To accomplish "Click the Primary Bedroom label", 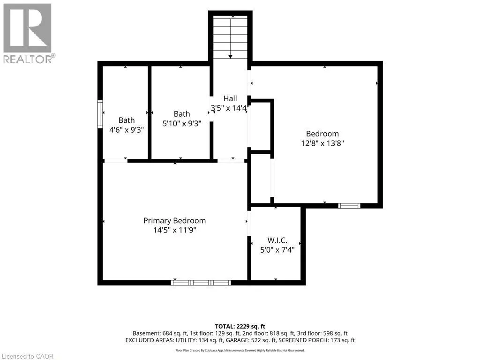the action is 174,221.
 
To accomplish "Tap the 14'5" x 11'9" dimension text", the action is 174,230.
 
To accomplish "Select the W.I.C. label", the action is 277,240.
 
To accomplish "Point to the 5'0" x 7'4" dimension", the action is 277,250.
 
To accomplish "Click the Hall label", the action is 230,98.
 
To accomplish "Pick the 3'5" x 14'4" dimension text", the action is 230,108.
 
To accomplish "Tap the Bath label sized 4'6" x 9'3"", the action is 127,120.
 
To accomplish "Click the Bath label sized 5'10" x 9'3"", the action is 182,114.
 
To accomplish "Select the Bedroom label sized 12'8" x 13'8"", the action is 322,134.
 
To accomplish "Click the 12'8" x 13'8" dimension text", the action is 322,143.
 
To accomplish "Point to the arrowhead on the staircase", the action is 230,57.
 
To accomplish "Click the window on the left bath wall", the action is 100,114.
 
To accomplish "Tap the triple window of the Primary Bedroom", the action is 201,283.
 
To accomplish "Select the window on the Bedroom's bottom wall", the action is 349,206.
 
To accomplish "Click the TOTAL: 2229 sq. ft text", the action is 240,326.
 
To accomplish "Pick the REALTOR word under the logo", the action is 28,60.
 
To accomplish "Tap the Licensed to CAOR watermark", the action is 28,356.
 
